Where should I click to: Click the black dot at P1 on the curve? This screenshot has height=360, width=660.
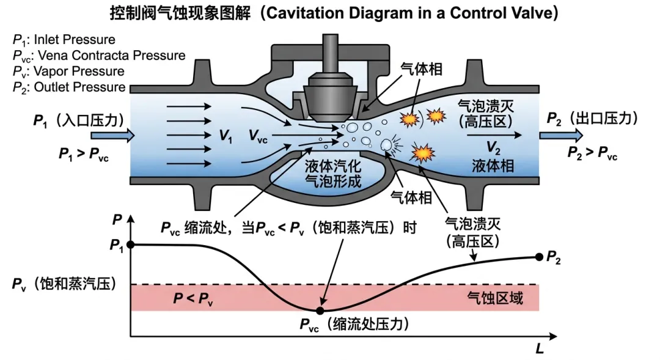131,245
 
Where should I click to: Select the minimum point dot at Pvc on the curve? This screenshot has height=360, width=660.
320,310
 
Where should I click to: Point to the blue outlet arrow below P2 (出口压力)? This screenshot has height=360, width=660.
559,136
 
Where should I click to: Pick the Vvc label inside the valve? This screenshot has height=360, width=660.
257,136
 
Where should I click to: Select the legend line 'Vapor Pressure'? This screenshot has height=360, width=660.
68,72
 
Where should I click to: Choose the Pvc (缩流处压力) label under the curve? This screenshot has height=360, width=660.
353,325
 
